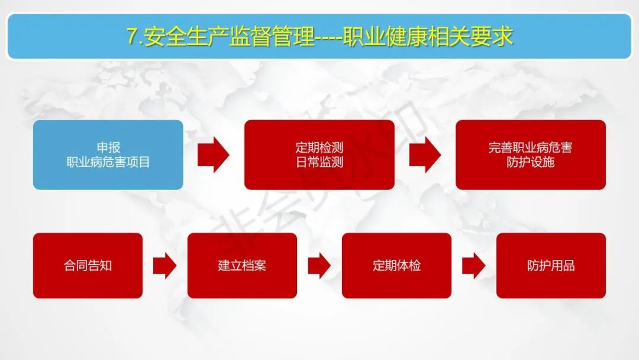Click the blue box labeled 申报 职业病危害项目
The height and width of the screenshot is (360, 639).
tap(108, 155)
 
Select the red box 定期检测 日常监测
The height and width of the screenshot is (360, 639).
tap(319, 155)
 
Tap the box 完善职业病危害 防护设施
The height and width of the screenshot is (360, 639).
tap(530, 155)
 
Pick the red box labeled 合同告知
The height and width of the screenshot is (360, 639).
tap(88, 265)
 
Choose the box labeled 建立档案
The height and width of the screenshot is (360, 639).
tap(242, 265)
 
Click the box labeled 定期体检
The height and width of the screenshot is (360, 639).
tap(396, 265)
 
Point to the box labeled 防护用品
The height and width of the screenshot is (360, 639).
tap(551, 265)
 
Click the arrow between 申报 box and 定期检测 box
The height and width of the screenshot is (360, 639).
tap(213, 155)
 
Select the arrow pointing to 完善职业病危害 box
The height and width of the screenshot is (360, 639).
tap(425, 155)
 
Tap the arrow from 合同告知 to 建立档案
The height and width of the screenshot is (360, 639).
tap(164, 265)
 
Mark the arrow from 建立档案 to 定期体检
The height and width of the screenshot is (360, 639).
tap(319, 265)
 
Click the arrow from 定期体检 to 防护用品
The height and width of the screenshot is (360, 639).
tap(473, 265)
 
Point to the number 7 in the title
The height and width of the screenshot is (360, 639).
tap(131, 37)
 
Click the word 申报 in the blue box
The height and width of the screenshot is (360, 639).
tap(108, 147)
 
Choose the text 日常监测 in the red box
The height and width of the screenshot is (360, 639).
tap(319, 162)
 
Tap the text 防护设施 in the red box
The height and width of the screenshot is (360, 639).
tap(530, 162)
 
